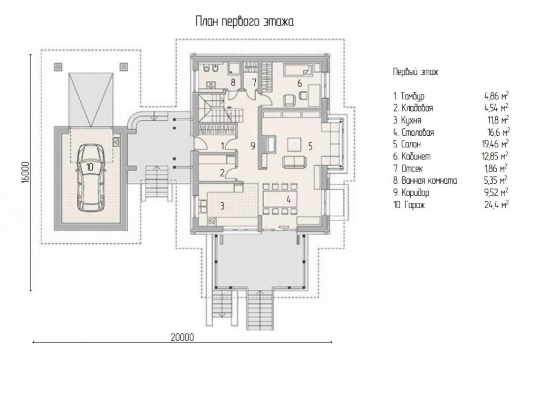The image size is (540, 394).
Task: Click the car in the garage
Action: [x=90, y=177]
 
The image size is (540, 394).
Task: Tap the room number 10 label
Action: [x=90, y=167]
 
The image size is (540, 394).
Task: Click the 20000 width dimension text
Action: [x=182, y=337]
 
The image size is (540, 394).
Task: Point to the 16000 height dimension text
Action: [x=26, y=173]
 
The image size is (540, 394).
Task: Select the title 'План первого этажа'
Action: [x=245, y=22]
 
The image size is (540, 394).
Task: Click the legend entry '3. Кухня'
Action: [x=408, y=120]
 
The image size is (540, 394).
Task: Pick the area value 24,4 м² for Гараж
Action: [x=497, y=204]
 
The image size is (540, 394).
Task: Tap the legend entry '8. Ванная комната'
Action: [x=426, y=181]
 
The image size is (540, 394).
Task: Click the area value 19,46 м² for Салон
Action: [x=496, y=144]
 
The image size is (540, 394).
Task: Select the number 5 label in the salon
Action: [x=310, y=146]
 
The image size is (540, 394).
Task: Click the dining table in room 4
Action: [x=279, y=199]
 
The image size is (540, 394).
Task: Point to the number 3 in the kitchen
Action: [x=222, y=206]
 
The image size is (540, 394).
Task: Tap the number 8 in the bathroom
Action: [x=233, y=83]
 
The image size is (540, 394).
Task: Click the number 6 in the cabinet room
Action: [x=300, y=83]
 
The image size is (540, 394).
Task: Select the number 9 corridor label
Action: [x=253, y=146]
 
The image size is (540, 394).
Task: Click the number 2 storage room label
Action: [x=222, y=173]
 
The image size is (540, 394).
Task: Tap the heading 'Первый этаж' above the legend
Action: [x=416, y=72]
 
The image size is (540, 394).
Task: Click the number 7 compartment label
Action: [x=255, y=83]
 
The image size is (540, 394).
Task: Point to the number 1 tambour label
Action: [x=223, y=146]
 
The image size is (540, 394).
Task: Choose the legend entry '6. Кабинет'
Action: [x=412, y=156]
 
